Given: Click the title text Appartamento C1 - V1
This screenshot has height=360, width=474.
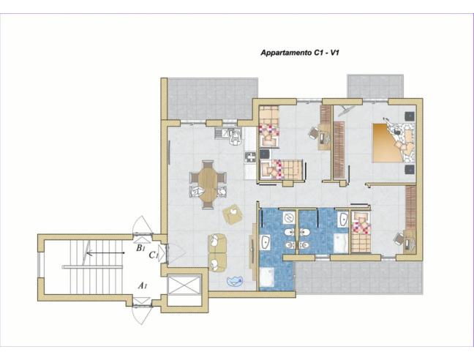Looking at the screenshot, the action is (300, 53).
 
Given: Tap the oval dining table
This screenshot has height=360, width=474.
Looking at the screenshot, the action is (208, 184).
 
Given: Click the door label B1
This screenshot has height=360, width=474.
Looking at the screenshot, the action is (141, 248).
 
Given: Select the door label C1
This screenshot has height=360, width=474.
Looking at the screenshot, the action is (154, 255).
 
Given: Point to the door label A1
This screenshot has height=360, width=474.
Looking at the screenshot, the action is (143, 285).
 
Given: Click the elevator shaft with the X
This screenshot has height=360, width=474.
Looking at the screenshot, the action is (184, 285).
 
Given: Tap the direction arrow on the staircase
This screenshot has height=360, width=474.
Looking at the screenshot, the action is (105, 252).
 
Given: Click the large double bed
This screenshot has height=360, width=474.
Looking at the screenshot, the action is (394, 143).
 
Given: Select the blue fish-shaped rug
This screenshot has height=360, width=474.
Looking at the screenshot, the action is (235, 281).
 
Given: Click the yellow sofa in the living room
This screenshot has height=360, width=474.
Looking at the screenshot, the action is (217, 253).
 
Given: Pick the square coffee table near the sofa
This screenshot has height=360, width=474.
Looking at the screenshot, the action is (233, 214).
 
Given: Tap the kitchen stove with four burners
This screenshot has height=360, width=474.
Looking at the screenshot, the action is (250, 157).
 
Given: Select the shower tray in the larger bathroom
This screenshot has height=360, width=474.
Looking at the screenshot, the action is (266, 277).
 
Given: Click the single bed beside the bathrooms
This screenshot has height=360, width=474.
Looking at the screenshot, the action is (361, 231).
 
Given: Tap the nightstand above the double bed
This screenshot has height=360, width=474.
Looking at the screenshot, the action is (410, 116).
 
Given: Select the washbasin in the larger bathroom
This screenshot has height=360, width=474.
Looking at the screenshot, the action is (265, 243).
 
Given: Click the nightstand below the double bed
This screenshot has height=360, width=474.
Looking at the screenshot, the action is (410, 169).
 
